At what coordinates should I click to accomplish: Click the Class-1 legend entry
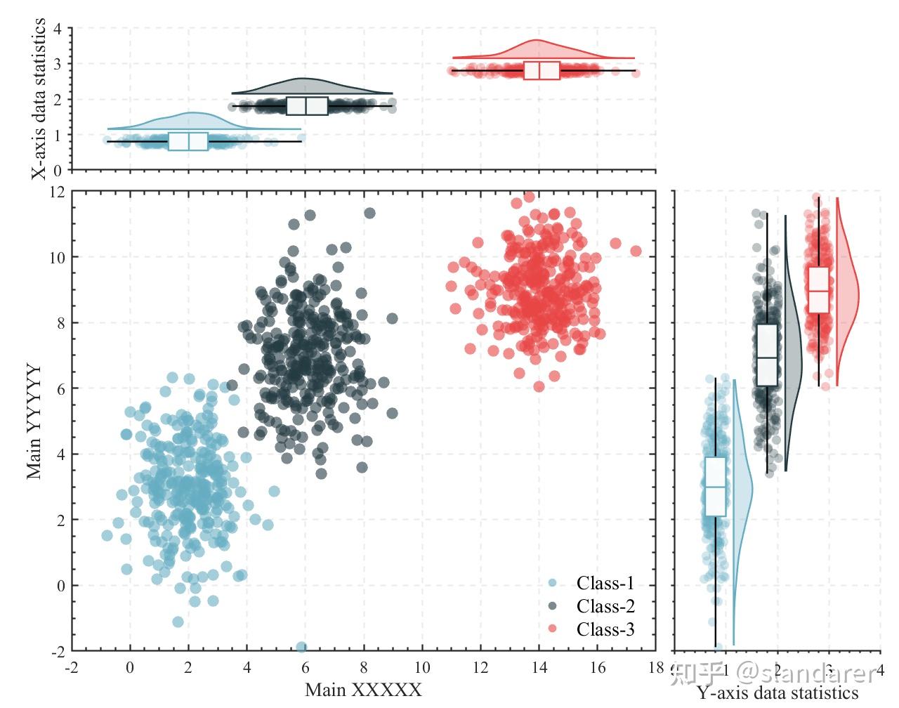point(605,583)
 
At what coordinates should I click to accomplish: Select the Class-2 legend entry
point(605,606)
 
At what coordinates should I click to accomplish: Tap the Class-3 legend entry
point(605,629)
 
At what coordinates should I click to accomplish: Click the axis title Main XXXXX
point(363,690)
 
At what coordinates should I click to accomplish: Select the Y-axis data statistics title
point(777,694)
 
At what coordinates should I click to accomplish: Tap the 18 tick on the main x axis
point(656,667)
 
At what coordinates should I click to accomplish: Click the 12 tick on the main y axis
point(56,191)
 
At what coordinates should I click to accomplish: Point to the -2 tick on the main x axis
point(71,667)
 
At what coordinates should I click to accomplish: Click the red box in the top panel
point(542,70)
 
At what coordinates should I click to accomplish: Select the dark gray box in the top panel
point(307,105)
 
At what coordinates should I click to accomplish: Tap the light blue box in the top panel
point(188,141)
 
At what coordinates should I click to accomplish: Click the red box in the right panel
point(818,289)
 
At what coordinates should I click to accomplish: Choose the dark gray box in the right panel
point(767,355)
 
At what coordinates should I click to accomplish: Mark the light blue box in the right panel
point(715,486)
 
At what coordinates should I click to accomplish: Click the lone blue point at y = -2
point(301,647)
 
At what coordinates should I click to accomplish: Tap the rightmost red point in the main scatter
point(636,251)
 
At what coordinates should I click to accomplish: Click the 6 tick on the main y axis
point(56,388)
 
